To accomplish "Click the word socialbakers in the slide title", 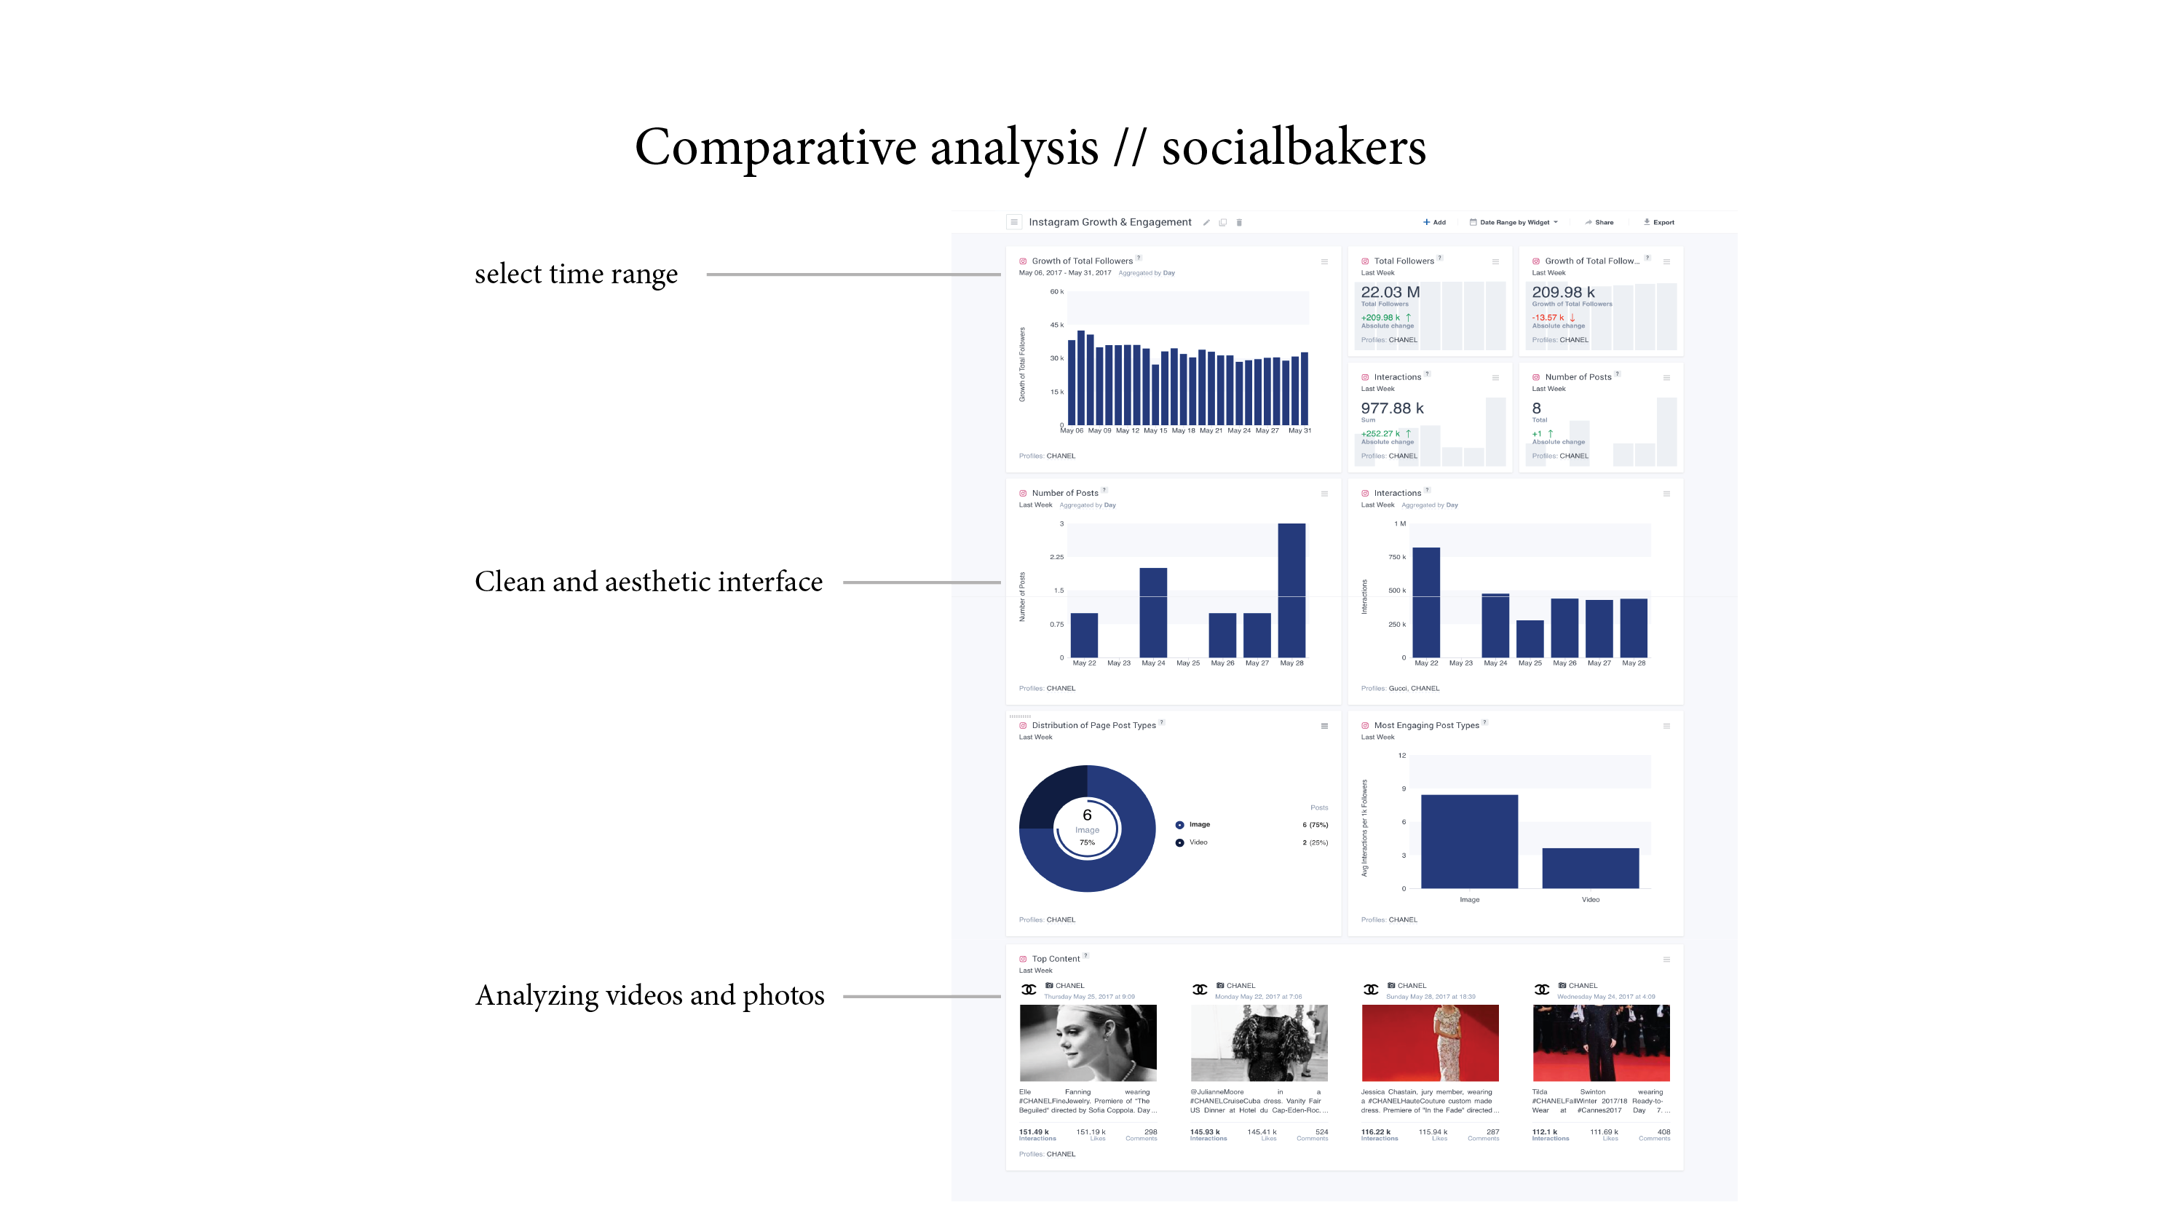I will coord(1293,148).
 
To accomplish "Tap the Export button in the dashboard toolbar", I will coord(1659,222).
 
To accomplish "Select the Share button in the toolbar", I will coord(1600,222).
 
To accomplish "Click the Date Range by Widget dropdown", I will coord(1514,222).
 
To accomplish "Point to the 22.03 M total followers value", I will coord(1390,293).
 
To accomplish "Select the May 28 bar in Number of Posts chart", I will coord(1291,590).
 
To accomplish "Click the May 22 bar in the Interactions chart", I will coord(1426,602).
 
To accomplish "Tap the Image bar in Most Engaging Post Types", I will coord(1469,842).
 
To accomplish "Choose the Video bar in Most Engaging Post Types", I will coord(1590,868).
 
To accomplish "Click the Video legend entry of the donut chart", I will coord(1197,842).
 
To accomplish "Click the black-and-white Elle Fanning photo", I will coord(1088,1043).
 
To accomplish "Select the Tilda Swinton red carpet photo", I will coord(1601,1043).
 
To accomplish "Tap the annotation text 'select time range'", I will coord(576,274).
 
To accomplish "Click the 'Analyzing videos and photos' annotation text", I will coord(649,995).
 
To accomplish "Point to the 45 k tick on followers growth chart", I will coord(1056,325).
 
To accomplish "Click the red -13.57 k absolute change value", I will coord(1548,318).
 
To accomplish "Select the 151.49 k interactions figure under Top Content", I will coord(1034,1131).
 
